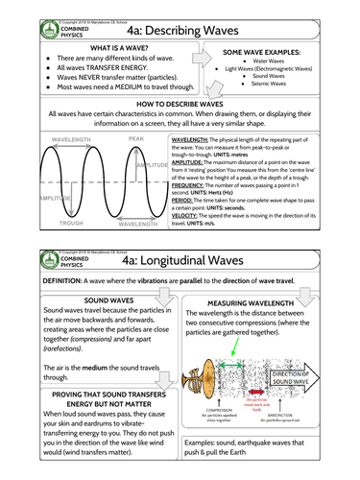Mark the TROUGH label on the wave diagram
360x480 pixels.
coord(71,224)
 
